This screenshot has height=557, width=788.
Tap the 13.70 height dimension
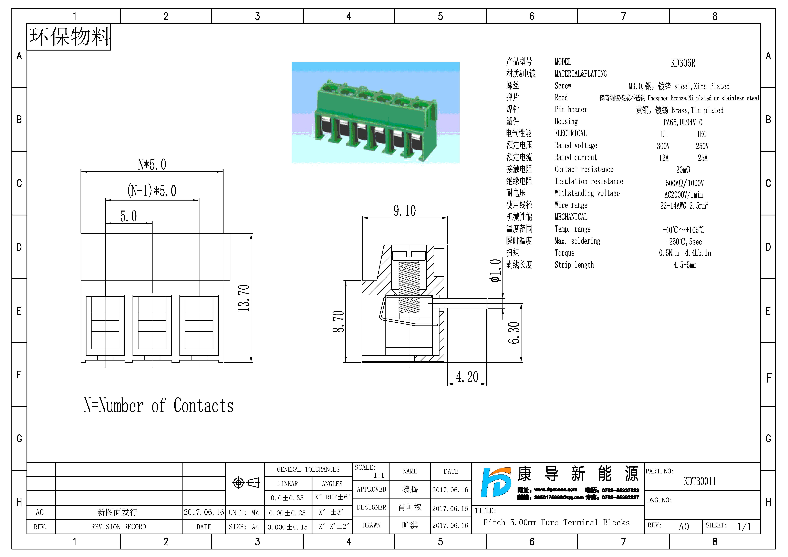pyautogui.click(x=244, y=298)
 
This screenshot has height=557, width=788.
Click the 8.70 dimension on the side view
pyautogui.click(x=338, y=322)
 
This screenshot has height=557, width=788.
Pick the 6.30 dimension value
pyautogui.click(x=514, y=333)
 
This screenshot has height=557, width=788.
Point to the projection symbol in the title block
pyautogui.click(x=246, y=483)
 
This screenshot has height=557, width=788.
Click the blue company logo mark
pyautogui.click(x=495, y=482)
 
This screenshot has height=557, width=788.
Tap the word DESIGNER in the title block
pyautogui.click(x=371, y=507)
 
